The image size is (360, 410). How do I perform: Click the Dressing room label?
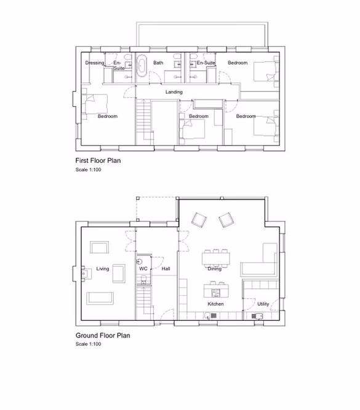(x=95, y=63)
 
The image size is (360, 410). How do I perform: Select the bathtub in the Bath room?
(x=141, y=65)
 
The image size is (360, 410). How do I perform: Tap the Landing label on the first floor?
(x=175, y=92)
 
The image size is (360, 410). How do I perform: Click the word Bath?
(x=158, y=63)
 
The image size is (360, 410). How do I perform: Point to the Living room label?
(x=102, y=269)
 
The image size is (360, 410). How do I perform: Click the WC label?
(x=143, y=269)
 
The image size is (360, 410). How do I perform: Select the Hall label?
(x=166, y=269)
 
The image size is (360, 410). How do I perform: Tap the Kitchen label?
(x=215, y=304)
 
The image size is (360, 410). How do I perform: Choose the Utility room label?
(x=263, y=304)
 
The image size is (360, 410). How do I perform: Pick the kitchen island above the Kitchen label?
(x=216, y=288)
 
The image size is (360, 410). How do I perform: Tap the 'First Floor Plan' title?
(x=98, y=160)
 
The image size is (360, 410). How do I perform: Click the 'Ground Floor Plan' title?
(x=102, y=336)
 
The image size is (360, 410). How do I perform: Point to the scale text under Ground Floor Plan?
(x=88, y=344)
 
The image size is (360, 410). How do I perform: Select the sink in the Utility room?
(x=257, y=316)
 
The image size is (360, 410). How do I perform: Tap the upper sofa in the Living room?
(x=100, y=247)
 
